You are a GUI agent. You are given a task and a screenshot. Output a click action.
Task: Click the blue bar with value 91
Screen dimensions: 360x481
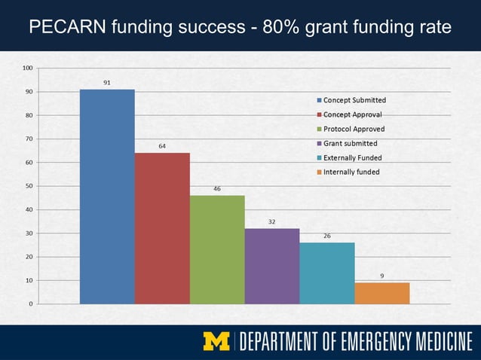pos(107,196)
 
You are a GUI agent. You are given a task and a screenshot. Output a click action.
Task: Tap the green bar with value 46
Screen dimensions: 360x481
pos(217,249)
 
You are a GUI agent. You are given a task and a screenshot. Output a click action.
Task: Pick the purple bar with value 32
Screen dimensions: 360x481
pos(272,266)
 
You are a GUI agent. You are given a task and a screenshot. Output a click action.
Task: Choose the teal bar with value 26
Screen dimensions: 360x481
pos(327,273)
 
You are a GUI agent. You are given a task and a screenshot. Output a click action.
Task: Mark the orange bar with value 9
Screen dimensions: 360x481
pos(382,293)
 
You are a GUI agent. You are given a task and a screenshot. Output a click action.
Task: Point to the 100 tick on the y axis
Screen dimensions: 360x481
pos(27,68)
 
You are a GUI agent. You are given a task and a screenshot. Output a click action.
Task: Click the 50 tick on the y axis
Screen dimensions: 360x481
pos(29,186)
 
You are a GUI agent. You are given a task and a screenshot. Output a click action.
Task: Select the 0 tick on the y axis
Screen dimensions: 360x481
pos(30,304)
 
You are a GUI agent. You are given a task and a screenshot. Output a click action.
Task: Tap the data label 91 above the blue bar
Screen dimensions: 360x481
pos(107,83)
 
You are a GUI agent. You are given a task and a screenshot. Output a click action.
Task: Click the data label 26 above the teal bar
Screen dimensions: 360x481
pos(327,236)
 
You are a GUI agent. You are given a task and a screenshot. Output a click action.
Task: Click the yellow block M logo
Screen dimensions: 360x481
pos(217,341)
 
